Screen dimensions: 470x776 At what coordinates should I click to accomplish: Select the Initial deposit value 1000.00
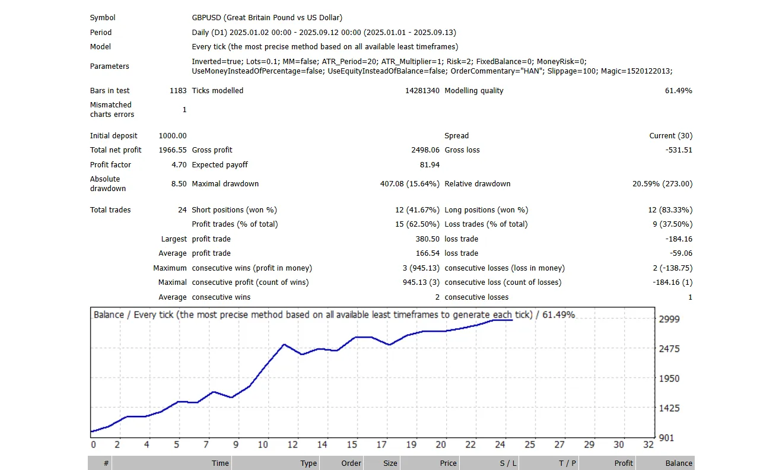[x=173, y=136]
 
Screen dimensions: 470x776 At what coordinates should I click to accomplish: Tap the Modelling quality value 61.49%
[x=678, y=91]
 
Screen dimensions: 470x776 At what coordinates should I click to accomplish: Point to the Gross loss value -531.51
[x=679, y=150]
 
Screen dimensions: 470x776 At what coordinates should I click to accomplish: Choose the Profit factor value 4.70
[x=179, y=165]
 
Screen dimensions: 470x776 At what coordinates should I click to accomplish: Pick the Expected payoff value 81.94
[x=430, y=165]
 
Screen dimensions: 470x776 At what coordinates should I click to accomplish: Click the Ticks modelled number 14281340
[x=418, y=91]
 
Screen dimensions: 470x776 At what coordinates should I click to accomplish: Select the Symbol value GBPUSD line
[x=267, y=18]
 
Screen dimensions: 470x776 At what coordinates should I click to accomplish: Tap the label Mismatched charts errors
[x=112, y=110]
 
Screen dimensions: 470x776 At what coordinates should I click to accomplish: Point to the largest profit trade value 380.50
[x=427, y=239]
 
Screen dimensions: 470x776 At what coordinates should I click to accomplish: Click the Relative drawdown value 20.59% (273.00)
[x=662, y=184]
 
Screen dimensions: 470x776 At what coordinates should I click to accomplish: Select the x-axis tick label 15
[x=352, y=444]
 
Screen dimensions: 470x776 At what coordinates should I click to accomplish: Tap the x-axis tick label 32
[x=648, y=444]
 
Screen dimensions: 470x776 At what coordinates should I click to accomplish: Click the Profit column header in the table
[x=624, y=463]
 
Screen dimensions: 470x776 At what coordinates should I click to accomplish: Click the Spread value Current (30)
[x=670, y=136]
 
